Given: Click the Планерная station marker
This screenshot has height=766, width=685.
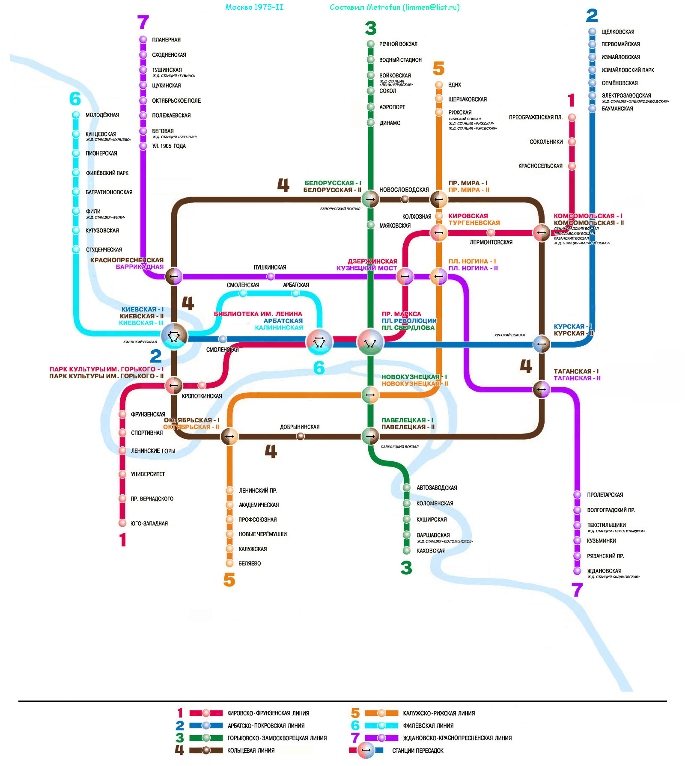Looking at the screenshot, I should (x=143, y=39).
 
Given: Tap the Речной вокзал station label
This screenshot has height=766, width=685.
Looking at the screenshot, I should (x=398, y=44).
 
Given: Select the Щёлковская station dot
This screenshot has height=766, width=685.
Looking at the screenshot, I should (x=592, y=31).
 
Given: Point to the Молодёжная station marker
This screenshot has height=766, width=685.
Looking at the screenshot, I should (x=76, y=115).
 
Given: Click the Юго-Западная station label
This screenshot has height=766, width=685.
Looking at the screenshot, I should (x=149, y=523).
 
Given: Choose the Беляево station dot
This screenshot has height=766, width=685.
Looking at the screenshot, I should (x=229, y=563).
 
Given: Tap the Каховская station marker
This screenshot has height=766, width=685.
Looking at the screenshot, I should (x=407, y=551).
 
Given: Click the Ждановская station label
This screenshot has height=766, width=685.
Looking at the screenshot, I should (x=604, y=571).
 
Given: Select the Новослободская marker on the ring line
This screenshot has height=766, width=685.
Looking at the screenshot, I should (x=405, y=199).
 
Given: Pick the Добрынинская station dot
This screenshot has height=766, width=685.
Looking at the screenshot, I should (x=301, y=436).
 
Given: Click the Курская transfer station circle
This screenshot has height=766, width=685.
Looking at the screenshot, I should (x=542, y=344).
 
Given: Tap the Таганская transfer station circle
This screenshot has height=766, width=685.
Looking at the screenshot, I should (x=542, y=389).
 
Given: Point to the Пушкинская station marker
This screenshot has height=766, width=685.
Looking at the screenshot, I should (x=271, y=276).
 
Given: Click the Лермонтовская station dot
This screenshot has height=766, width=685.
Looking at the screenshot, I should (x=491, y=232).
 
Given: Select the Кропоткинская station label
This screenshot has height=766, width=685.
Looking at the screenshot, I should (x=202, y=396).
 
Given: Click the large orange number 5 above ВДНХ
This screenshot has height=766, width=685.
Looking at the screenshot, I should (x=438, y=68).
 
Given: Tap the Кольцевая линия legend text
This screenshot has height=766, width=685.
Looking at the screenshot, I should (x=251, y=750).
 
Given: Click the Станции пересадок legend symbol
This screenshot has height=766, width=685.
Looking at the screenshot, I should (x=366, y=750).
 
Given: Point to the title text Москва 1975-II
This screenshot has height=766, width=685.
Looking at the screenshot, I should (x=254, y=7).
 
